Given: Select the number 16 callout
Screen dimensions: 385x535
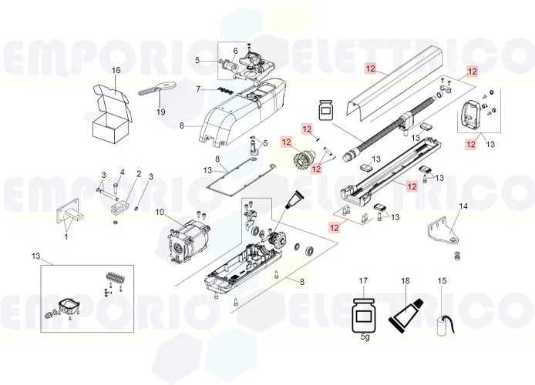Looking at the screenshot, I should pyautogui.click(x=116, y=71).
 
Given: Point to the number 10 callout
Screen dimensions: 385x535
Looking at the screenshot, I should pyautogui.click(x=160, y=212).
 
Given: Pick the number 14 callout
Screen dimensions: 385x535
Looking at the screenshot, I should pyautogui.click(x=463, y=206).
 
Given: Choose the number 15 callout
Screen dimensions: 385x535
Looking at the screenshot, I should pyautogui.click(x=442, y=281).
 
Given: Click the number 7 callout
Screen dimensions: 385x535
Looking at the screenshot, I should pyautogui.click(x=198, y=89).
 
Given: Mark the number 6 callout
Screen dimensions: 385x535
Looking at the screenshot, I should pyautogui.click(x=236, y=51).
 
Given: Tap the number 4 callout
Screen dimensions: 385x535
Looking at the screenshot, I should pyautogui.click(x=121, y=172).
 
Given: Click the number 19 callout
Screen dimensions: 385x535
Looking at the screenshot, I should pyautogui.click(x=161, y=112).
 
